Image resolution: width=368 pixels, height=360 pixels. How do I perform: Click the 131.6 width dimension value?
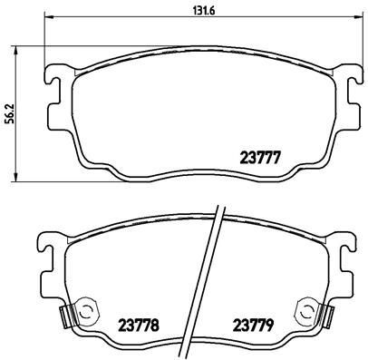pos(195,11)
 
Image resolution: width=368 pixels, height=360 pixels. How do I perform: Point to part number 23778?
pos(138,325)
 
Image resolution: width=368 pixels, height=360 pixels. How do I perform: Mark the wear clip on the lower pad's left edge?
pos(64,317)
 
